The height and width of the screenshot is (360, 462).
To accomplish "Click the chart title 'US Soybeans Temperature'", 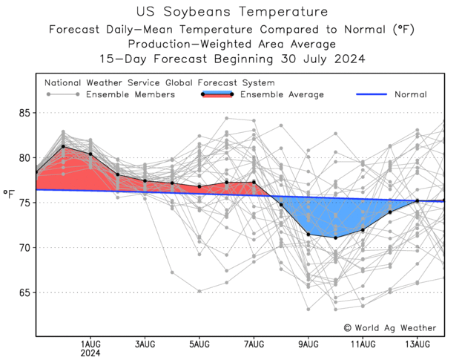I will (x=231, y=12).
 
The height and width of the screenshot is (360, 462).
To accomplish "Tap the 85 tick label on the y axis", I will (x=25, y=113).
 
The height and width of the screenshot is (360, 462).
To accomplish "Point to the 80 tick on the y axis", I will (x=25, y=158).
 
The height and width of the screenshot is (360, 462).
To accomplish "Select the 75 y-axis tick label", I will (x=25, y=203).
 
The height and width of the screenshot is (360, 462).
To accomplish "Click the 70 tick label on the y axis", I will (x=25, y=248).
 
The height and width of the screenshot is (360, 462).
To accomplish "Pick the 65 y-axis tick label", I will (x=25, y=292).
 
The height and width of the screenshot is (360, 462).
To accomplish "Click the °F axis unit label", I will (x=9, y=194).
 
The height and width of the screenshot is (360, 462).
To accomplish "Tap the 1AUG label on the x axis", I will (x=90, y=344).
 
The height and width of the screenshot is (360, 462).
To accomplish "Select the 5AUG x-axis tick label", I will (x=199, y=344).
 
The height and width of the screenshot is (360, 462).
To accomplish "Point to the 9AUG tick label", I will (x=308, y=344).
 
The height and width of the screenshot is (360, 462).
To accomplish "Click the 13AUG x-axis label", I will (x=417, y=344).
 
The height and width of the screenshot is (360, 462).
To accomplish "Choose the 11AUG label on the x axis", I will (x=363, y=344).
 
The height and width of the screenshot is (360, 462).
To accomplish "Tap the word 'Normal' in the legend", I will (x=411, y=95).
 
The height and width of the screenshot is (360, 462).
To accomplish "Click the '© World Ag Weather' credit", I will (x=390, y=328).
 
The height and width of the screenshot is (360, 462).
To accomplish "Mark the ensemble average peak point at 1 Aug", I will (x=63, y=146).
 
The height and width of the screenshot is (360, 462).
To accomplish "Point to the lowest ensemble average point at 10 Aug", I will (x=335, y=238).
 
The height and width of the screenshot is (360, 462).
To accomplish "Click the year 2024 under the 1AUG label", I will (x=90, y=354).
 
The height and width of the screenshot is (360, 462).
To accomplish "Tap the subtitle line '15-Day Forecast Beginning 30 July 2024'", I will (x=231, y=58).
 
